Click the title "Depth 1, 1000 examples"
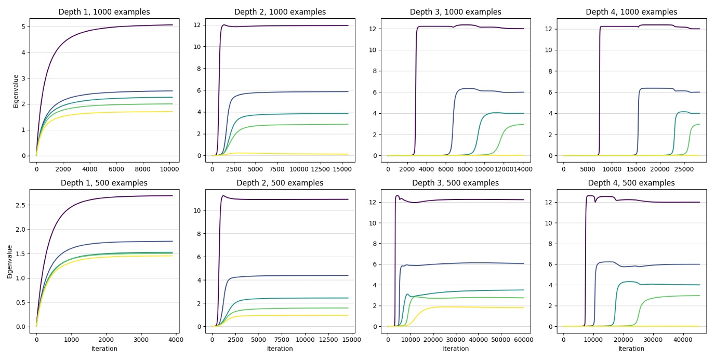(x=104, y=12)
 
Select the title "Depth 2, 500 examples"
(x=280, y=183)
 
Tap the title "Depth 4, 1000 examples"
(x=631, y=12)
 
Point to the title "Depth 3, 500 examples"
(x=455, y=183)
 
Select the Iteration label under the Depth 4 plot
(x=631, y=349)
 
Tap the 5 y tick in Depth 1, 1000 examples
(x=24, y=26)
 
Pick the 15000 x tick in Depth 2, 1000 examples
(x=342, y=169)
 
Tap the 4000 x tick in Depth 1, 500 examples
(x=175, y=340)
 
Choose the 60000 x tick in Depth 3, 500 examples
(x=524, y=340)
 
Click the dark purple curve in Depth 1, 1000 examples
(x=104, y=31)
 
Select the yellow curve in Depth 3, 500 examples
(x=468, y=307)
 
